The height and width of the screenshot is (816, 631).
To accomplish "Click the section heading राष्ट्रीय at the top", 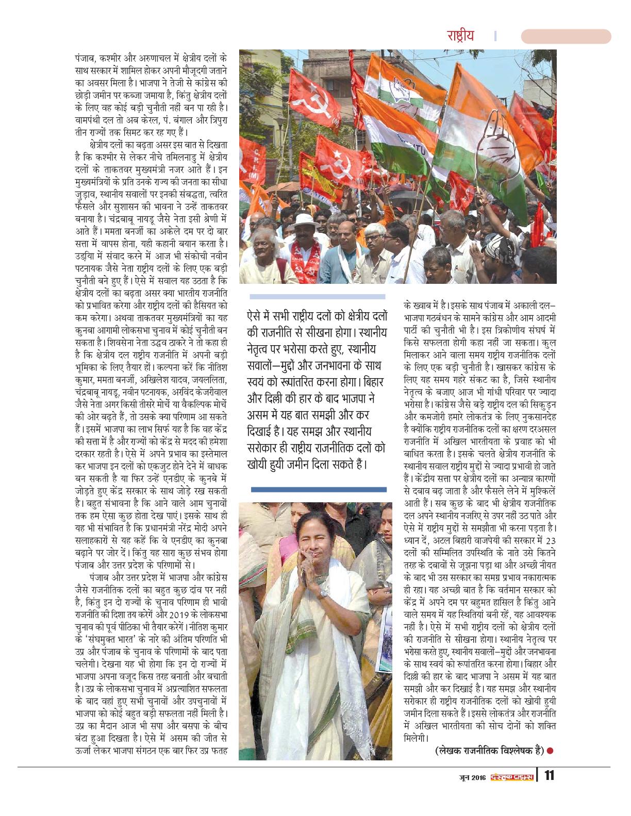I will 460,36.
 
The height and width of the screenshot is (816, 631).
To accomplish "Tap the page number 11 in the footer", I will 549,775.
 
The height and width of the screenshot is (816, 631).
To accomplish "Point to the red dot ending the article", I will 550,751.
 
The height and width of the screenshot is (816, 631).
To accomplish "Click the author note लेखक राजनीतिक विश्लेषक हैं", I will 489,751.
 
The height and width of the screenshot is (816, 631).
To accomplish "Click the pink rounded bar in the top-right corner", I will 566,37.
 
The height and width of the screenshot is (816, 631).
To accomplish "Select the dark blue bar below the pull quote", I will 318,489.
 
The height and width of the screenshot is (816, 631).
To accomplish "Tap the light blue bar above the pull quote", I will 317,297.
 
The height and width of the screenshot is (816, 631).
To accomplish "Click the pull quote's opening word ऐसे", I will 257,316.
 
